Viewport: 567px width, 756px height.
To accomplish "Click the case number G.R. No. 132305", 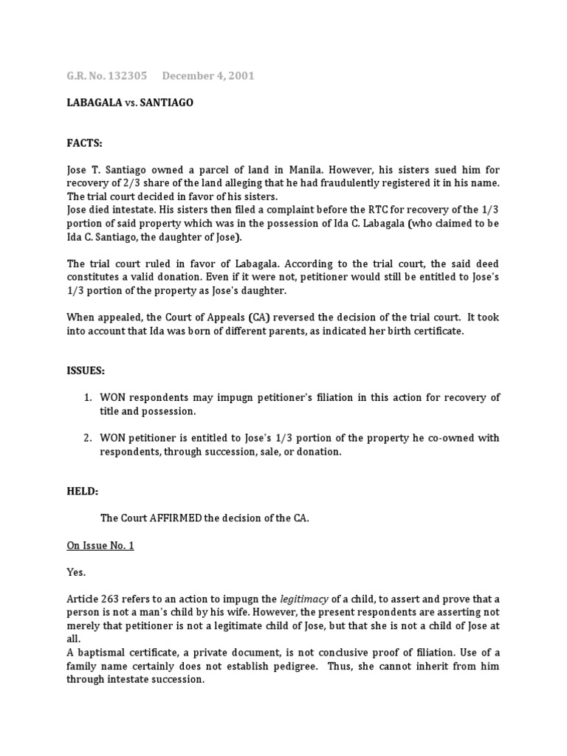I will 106,76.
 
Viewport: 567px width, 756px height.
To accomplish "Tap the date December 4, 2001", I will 208,76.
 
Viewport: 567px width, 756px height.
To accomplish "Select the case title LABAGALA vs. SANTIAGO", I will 129,103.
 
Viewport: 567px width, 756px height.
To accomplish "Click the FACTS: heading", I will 85,142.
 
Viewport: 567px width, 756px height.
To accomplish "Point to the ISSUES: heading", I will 86,370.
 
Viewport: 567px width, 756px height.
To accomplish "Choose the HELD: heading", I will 83,491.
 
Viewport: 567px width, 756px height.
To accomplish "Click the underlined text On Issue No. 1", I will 100,546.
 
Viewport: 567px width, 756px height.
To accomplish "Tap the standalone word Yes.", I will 76,572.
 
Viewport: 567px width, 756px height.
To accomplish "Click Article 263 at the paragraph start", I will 93,599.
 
